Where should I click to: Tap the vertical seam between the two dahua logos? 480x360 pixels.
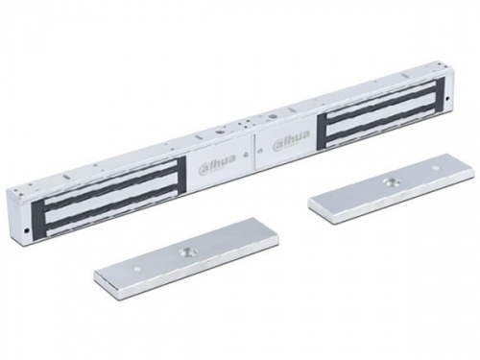pos(253,153)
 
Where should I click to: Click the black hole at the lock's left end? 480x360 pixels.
pos(26,229)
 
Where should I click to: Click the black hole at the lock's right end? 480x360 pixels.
pos(447,98)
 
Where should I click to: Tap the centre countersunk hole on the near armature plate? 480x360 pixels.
pos(186,252)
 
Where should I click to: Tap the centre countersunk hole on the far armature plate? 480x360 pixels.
pos(390,182)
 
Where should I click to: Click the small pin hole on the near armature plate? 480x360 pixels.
pos(137,269)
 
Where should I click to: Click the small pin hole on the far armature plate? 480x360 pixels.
pos(435,168)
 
